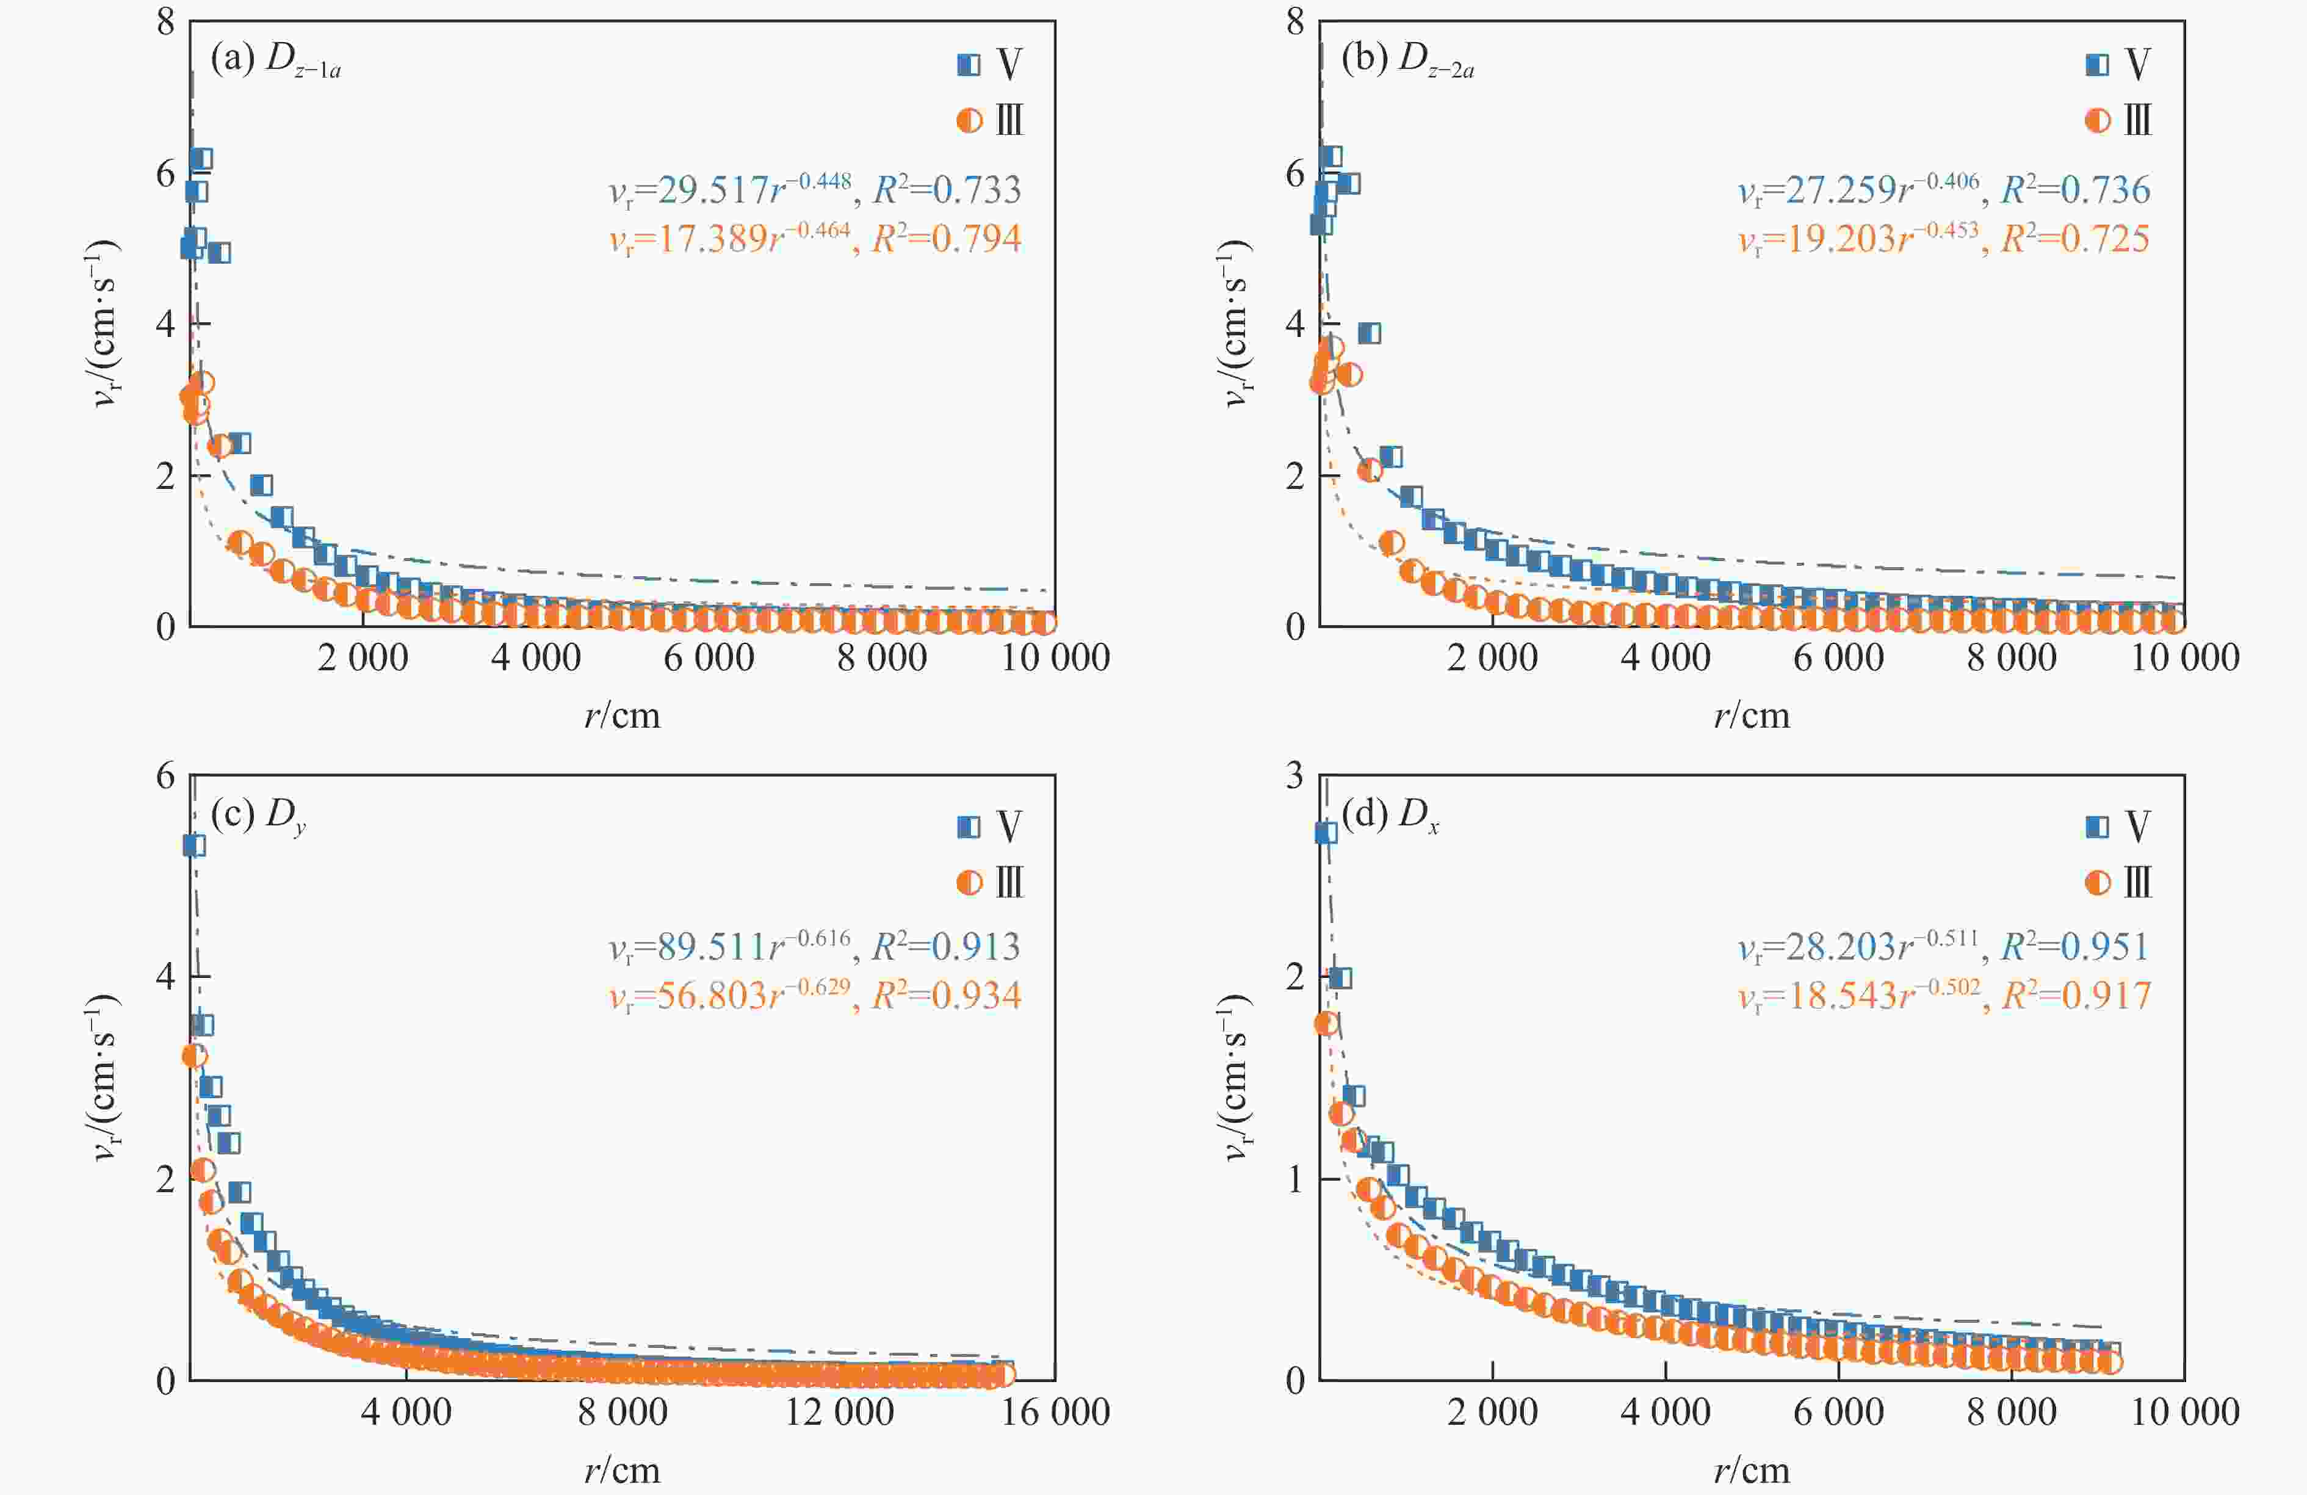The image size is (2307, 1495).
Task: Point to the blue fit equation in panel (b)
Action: point(1943,189)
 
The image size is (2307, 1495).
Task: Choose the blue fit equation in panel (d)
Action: point(1943,945)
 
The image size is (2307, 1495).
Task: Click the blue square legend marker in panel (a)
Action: point(969,64)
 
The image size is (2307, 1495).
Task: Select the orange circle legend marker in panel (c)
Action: point(969,882)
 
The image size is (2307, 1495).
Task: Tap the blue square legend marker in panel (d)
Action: point(2096,826)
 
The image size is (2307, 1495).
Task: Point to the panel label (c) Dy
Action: point(258,816)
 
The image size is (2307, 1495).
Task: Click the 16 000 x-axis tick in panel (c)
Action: point(1055,1411)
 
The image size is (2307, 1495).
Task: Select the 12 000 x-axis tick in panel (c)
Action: point(839,1411)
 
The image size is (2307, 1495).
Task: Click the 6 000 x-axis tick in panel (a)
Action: point(709,657)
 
